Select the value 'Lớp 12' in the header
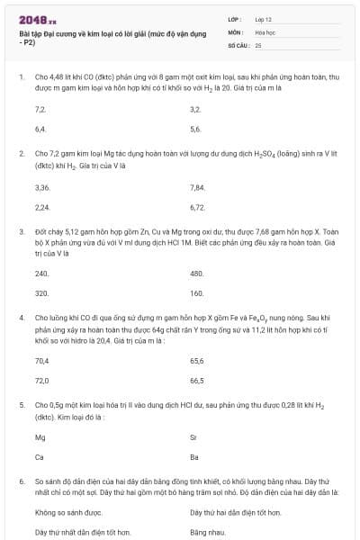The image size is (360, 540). click(x=264, y=18)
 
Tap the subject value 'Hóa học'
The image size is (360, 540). click(x=265, y=31)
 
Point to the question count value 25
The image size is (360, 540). click(x=258, y=43)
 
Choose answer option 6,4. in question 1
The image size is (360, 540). click(x=40, y=129)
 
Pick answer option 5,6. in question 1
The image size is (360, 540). click(x=195, y=129)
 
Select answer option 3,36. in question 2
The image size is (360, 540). click(x=41, y=187)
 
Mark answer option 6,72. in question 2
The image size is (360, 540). click(x=198, y=206)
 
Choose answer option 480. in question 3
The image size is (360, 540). click(x=197, y=273)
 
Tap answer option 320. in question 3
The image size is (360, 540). click(x=41, y=292)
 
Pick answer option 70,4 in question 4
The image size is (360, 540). click(x=41, y=360)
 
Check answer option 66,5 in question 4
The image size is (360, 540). click(x=197, y=380)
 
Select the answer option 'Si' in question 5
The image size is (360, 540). click(x=193, y=437)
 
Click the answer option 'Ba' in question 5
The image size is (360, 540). click(x=194, y=457)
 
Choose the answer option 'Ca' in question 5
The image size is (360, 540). click(x=40, y=457)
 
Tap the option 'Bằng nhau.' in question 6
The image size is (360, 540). click(x=205, y=532)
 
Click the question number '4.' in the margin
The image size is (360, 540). click(x=21, y=318)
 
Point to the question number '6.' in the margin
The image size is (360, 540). click(x=21, y=482)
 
